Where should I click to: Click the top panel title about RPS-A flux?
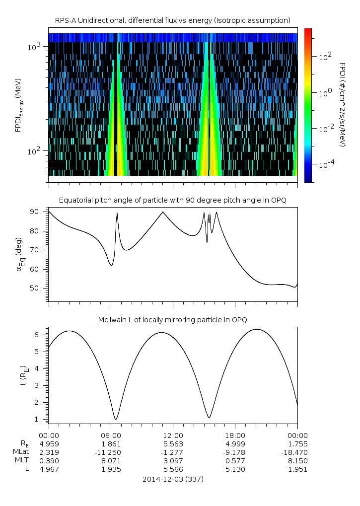tap(172, 20)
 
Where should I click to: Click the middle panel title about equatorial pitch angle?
tap(172, 200)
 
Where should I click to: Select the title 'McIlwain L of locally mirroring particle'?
tap(172, 319)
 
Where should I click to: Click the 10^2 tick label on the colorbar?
tap(325, 57)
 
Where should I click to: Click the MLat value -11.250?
tap(110, 452)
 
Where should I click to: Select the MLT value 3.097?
tap(172, 460)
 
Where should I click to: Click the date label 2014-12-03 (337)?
tap(172, 479)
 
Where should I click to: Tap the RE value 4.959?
tap(49, 443)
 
